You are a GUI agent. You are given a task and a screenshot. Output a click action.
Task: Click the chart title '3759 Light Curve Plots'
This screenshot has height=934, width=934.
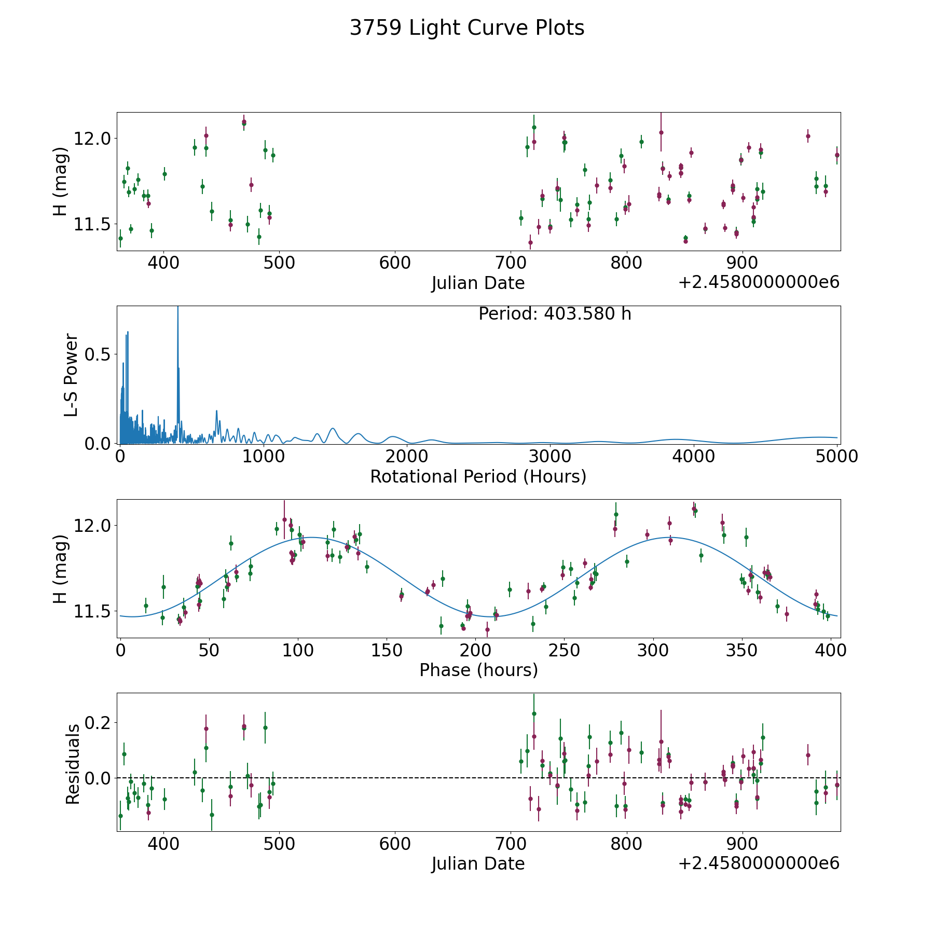click(467, 28)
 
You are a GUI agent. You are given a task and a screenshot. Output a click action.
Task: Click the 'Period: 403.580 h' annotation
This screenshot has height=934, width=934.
click(555, 314)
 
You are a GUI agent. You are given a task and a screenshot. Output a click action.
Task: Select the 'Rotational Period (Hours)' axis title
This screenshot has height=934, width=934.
click(478, 476)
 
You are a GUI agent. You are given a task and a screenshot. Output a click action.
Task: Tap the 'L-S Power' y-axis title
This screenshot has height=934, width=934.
click(71, 375)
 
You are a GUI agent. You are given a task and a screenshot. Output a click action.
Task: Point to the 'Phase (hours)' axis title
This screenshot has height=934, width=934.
click(478, 670)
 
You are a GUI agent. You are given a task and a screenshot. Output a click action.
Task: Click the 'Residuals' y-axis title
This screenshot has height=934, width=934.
click(73, 764)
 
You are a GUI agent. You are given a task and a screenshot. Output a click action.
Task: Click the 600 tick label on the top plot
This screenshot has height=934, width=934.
click(395, 263)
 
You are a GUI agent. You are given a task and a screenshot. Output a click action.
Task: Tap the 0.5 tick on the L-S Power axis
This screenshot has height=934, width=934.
click(99, 354)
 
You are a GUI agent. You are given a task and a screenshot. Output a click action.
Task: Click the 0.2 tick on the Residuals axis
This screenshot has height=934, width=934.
click(99, 722)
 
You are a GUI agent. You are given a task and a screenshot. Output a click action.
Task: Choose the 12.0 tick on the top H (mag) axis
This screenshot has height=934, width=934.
click(93, 139)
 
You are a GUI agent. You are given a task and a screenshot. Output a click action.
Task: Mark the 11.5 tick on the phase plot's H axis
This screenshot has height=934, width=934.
click(93, 611)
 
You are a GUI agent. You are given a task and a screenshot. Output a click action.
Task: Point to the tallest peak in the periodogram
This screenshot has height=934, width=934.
click(178, 307)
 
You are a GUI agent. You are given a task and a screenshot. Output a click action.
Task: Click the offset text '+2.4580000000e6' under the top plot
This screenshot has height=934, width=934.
click(759, 282)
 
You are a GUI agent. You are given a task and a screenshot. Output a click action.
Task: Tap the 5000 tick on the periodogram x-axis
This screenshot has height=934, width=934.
click(837, 456)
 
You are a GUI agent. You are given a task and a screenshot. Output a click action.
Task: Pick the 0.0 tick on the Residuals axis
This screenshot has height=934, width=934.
click(99, 778)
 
